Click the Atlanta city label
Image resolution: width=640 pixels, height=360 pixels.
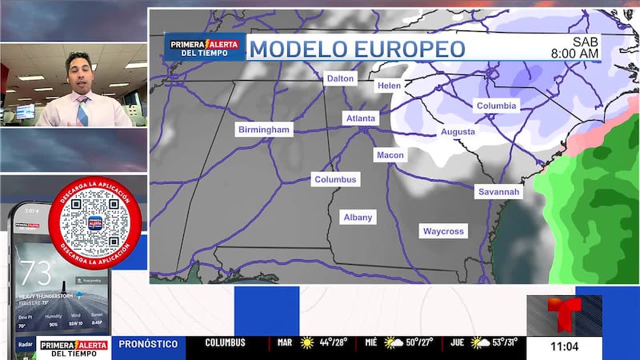(359, 118)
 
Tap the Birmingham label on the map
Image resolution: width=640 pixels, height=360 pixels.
(265, 130)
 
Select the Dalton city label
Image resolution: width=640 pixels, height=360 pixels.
(340, 78)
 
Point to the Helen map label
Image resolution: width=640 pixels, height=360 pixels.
(389, 86)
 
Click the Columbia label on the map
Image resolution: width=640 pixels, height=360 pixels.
(497, 106)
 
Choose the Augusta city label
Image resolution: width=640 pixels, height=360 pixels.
(458, 132)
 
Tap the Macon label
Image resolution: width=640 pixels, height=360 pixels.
(390, 155)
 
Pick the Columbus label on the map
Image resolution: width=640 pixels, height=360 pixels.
(336, 180)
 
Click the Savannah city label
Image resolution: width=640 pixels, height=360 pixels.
(498, 192)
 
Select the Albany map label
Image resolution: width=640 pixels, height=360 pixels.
(358, 218)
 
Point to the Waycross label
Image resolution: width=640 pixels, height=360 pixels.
(443, 231)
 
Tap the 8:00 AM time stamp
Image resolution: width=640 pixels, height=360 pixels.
(574, 54)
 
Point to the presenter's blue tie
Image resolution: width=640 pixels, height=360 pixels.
(82, 111)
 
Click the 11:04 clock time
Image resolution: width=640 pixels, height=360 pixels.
(563, 346)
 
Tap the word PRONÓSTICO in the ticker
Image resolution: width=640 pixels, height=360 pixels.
(148, 343)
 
